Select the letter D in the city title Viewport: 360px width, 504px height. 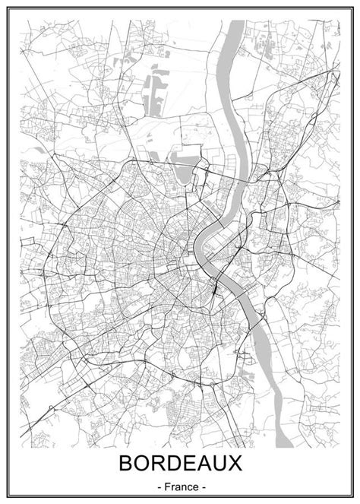point(173,464)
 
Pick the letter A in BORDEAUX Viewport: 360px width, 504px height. point(207,464)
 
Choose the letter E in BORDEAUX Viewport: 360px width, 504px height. point(190,464)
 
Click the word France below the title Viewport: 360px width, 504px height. point(180,486)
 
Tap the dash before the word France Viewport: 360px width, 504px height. point(158,486)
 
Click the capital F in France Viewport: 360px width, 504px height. point(166,486)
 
